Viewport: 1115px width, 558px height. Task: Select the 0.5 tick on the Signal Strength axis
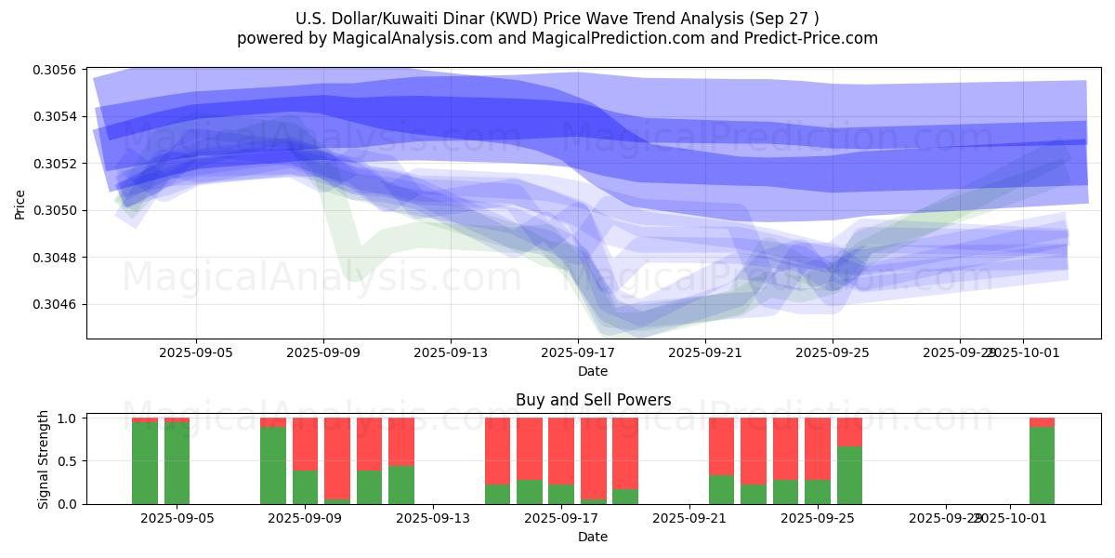coord(70,461)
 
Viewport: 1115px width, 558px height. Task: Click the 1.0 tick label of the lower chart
coord(70,418)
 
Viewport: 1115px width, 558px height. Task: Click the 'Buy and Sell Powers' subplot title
coord(593,401)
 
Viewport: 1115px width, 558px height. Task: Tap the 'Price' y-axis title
coord(20,205)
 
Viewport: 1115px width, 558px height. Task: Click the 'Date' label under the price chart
coord(593,371)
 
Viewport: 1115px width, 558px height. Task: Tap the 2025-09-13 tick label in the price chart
coord(451,353)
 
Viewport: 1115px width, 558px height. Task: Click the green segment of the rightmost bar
coord(1042,465)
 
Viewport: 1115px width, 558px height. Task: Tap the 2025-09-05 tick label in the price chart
coord(196,353)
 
